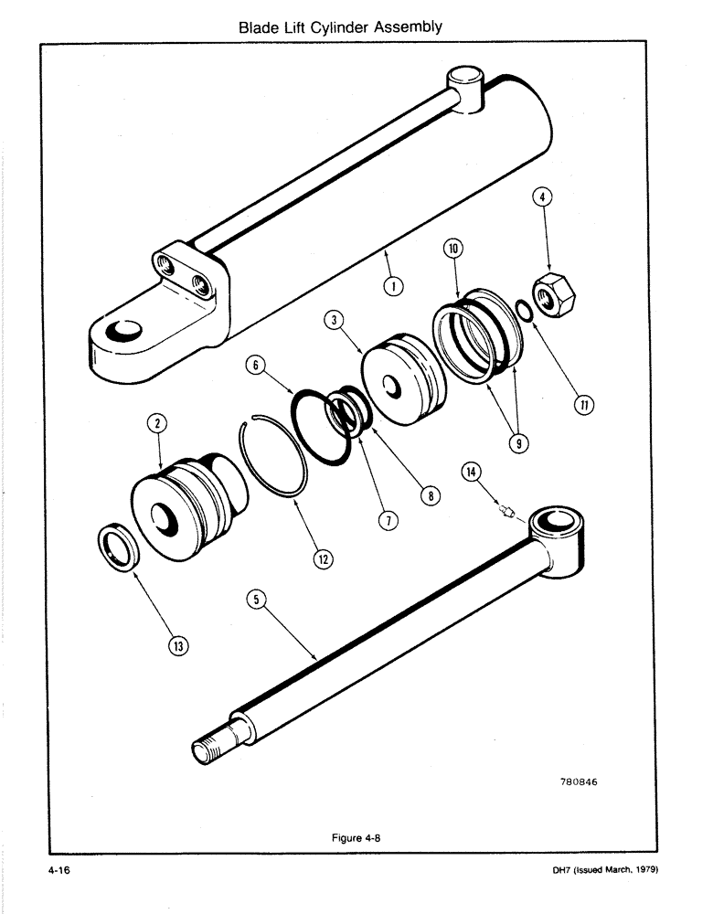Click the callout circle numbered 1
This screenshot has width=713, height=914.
pyautogui.click(x=393, y=286)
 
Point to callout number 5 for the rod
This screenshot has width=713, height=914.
pyautogui.click(x=256, y=599)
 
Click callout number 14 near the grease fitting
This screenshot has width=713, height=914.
pyautogui.click(x=470, y=472)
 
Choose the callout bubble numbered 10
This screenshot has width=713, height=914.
pyautogui.click(x=454, y=248)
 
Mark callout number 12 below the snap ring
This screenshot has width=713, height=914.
pyautogui.click(x=322, y=558)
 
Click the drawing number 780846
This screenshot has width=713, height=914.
pyautogui.click(x=582, y=782)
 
